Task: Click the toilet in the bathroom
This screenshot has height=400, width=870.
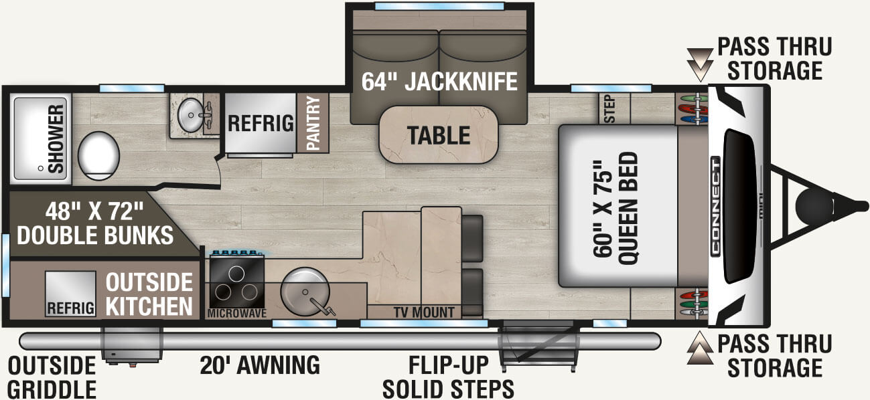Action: (x=98, y=156)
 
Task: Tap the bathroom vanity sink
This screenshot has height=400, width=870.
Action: (x=190, y=115)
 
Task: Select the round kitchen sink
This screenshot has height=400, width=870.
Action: (x=305, y=291)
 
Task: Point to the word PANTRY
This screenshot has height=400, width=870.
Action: (x=313, y=123)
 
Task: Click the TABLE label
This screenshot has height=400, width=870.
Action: (x=439, y=135)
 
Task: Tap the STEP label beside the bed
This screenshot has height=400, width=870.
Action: (x=609, y=110)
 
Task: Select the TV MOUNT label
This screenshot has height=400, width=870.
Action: (x=424, y=312)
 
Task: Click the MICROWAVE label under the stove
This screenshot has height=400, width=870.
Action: (x=237, y=314)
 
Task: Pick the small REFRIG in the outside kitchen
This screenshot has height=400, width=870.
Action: (x=71, y=294)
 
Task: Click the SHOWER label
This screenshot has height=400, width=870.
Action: (x=56, y=138)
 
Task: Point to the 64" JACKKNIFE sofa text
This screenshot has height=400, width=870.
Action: (x=439, y=82)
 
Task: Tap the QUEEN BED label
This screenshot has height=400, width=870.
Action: (x=628, y=208)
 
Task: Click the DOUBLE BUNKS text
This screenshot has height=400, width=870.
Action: (x=95, y=235)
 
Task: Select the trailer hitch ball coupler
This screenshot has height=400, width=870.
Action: (x=816, y=205)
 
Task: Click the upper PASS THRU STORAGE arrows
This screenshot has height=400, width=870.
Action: (x=701, y=64)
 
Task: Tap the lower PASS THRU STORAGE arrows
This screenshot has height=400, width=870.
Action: (x=701, y=348)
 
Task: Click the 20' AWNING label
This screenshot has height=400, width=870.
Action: (x=260, y=365)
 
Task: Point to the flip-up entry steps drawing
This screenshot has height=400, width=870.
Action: (x=538, y=345)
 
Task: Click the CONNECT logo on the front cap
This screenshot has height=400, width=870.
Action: (x=715, y=207)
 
